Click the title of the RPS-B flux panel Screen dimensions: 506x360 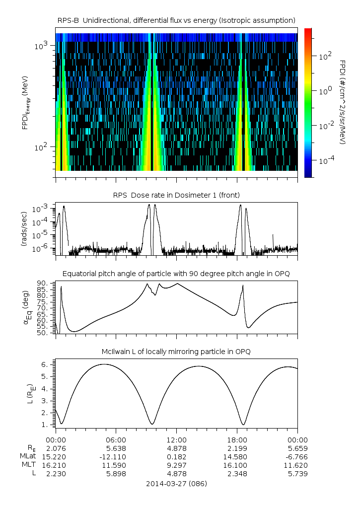[176, 20]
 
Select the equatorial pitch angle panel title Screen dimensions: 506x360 [176, 274]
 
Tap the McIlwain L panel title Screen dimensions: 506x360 [176, 352]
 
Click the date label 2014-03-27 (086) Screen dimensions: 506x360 [176, 483]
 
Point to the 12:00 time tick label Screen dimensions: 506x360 [177, 439]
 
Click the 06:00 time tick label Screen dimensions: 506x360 [116, 439]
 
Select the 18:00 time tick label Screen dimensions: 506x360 [237, 439]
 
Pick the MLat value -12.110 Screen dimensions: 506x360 [116, 456]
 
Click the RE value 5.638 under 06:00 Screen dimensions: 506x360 [116, 448]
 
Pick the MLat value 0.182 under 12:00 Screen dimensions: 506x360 [177, 456]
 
